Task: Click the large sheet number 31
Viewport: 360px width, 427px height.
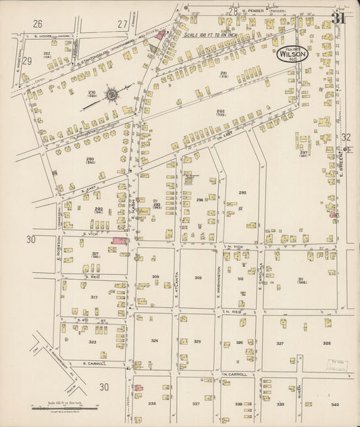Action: [338, 18]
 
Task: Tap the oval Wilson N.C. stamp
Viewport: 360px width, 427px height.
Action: [292, 53]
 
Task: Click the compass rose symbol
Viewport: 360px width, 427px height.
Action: [111, 94]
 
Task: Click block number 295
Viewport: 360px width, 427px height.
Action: [242, 193]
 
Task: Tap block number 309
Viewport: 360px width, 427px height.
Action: [198, 278]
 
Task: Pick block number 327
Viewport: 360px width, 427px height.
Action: [279, 343]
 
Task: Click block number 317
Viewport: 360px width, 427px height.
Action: [94, 297]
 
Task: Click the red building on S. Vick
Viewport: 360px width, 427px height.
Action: [119, 241]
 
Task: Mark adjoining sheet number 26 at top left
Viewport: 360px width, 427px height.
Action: [38, 24]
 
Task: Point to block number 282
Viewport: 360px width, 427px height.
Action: [220, 111]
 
